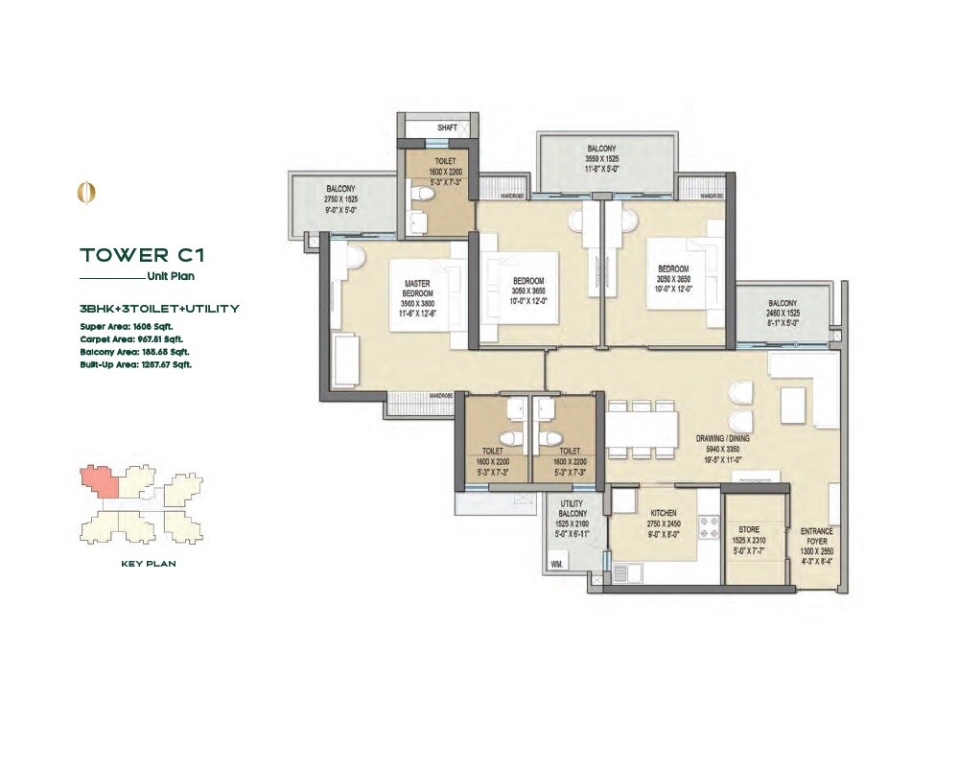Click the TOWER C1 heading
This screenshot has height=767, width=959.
(x=142, y=255)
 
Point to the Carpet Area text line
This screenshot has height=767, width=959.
(x=131, y=338)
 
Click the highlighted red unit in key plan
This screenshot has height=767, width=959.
(x=100, y=481)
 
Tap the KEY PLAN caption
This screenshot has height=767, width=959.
(x=148, y=564)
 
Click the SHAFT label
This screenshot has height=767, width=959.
(x=447, y=128)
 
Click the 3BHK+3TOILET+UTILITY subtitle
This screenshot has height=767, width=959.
(x=159, y=309)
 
